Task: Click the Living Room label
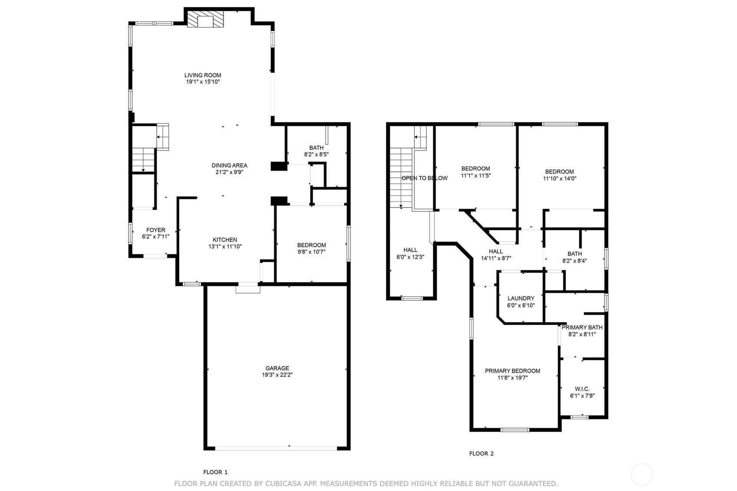click(x=202, y=75)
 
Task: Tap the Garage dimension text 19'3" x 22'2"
click(x=277, y=375)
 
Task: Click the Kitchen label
click(x=225, y=240)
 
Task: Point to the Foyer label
click(x=155, y=230)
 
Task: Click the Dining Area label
click(x=229, y=165)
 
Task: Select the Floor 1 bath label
click(x=316, y=148)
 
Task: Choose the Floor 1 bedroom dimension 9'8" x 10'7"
click(x=311, y=252)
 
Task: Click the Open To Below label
click(x=424, y=178)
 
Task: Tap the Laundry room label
click(x=521, y=298)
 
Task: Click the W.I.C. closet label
click(x=582, y=389)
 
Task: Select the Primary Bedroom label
click(x=512, y=371)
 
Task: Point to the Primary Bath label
click(x=582, y=327)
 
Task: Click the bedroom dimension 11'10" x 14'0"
click(x=559, y=178)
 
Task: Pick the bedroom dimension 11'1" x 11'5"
click(x=476, y=176)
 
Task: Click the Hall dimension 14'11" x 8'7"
click(x=496, y=258)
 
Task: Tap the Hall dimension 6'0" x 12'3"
click(x=410, y=257)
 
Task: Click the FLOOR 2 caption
click(x=481, y=454)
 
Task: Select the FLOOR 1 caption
click(x=215, y=472)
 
